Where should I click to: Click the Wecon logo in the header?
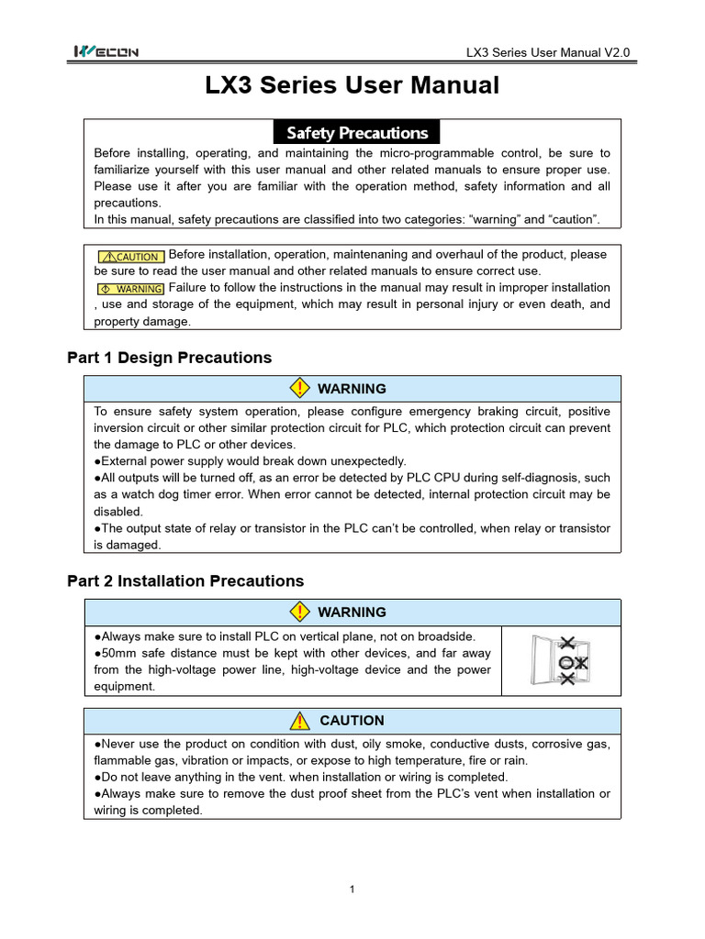pos(106,52)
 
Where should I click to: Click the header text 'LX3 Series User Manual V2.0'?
pos(548,53)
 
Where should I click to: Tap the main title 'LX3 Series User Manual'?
pos(352,86)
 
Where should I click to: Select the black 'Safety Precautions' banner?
pos(357,133)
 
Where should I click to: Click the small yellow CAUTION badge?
pos(130,257)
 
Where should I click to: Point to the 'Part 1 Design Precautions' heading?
pos(170,358)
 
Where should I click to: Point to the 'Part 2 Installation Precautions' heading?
pos(185,581)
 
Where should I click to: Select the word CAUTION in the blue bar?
pos(352,722)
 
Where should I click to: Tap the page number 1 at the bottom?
pos(352,889)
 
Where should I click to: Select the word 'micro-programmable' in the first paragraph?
pos(409,154)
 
